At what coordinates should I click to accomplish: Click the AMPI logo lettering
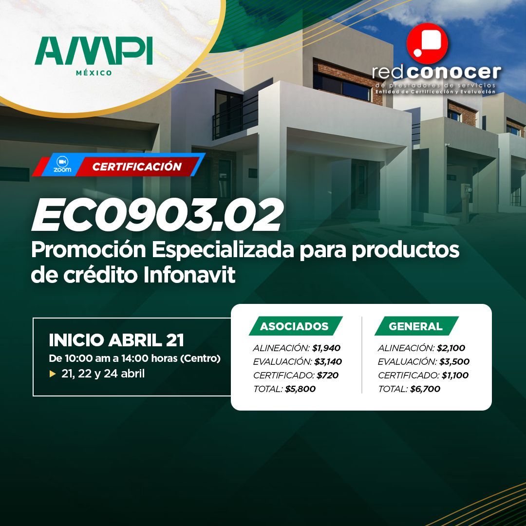(x=94, y=51)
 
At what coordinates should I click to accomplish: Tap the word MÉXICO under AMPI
(x=94, y=73)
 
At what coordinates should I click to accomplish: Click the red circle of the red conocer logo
(x=427, y=43)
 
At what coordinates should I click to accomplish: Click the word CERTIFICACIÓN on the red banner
(x=137, y=167)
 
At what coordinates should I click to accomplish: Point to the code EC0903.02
(x=157, y=215)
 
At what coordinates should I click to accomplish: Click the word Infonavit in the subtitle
(x=189, y=275)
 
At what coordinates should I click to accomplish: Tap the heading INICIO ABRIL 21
(x=116, y=340)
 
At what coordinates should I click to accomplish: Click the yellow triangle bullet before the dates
(x=52, y=374)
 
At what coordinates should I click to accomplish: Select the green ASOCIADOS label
(x=295, y=326)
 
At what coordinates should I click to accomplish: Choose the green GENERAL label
(x=416, y=326)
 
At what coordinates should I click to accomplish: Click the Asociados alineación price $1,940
(x=326, y=348)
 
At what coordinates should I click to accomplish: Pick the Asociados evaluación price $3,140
(x=328, y=361)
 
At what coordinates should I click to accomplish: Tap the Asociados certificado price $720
(x=327, y=376)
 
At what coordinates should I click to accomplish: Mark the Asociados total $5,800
(x=300, y=389)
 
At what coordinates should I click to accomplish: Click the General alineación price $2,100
(x=451, y=348)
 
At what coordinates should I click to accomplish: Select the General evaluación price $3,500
(x=454, y=361)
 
